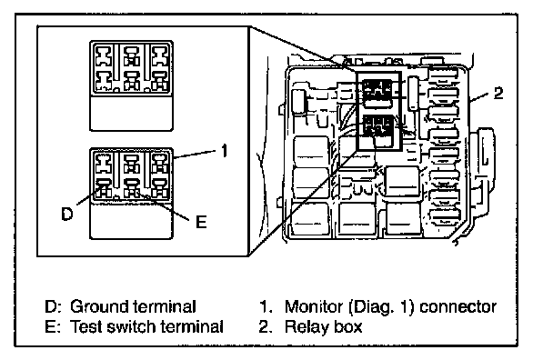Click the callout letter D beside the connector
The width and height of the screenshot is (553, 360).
click(x=66, y=214)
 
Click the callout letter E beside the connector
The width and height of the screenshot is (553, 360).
click(x=201, y=222)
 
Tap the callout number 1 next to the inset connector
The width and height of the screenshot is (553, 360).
click(x=225, y=151)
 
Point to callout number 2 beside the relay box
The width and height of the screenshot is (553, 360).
click(x=498, y=93)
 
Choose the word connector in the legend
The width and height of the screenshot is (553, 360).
click(x=458, y=307)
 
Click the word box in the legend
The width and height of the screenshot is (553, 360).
click(x=348, y=327)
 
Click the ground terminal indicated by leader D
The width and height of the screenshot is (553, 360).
click(x=105, y=188)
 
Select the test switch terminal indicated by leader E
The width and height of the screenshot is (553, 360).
click(x=132, y=188)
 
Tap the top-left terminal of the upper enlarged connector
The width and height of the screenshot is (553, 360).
click(x=105, y=56)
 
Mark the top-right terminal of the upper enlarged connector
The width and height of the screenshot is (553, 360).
click(x=159, y=56)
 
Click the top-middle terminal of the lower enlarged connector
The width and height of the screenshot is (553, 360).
click(x=132, y=164)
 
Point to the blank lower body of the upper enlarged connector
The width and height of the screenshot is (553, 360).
click(x=132, y=113)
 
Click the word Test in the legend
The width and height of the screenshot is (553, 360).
click(x=85, y=326)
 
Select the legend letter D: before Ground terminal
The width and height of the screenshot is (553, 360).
click(x=54, y=306)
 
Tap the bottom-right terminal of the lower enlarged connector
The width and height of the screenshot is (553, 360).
click(x=159, y=188)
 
